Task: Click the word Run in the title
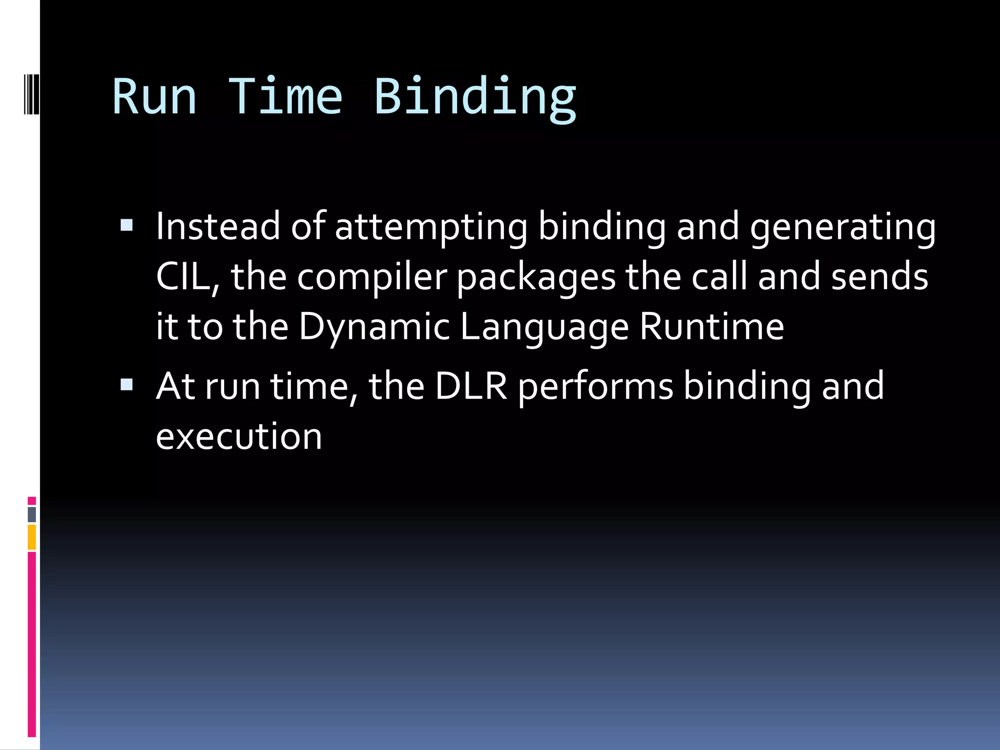click(154, 97)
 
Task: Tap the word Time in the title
click(286, 97)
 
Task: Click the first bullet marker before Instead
click(126, 225)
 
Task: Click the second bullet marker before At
click(126, 385)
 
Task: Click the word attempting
click(431, 227)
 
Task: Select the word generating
click(843, 228)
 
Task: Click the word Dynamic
click(374, 327)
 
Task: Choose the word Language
click(544, 327)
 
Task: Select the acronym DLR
click(471, 386)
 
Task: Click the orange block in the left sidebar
click(32, 537)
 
